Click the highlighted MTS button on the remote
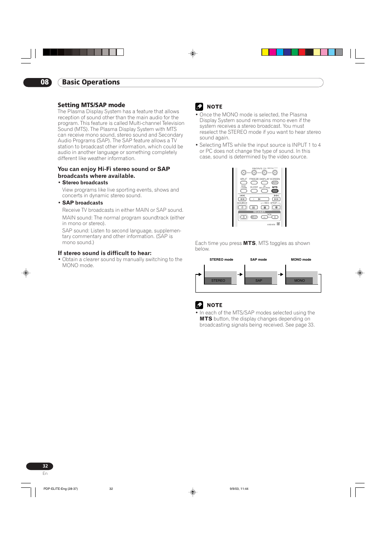(275, 191)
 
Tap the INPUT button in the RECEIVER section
(254, 217)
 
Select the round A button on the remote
(244, 173)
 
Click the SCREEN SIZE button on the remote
(275, 183)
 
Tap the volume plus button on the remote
(275, 217)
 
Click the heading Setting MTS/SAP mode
(91, 105)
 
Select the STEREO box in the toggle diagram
(218, 280)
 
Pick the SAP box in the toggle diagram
(259, 280)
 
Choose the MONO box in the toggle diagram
(299, 280)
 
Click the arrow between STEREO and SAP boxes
(240, 274)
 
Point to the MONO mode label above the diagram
(301, 260)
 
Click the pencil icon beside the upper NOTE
(199, 107)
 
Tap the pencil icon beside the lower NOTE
(199, 305)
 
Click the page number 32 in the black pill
(45, 466)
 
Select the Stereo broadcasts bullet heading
(85, 183)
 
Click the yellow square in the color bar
(265, 52)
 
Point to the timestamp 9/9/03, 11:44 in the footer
(239, 489)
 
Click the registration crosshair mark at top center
(193, 53)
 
